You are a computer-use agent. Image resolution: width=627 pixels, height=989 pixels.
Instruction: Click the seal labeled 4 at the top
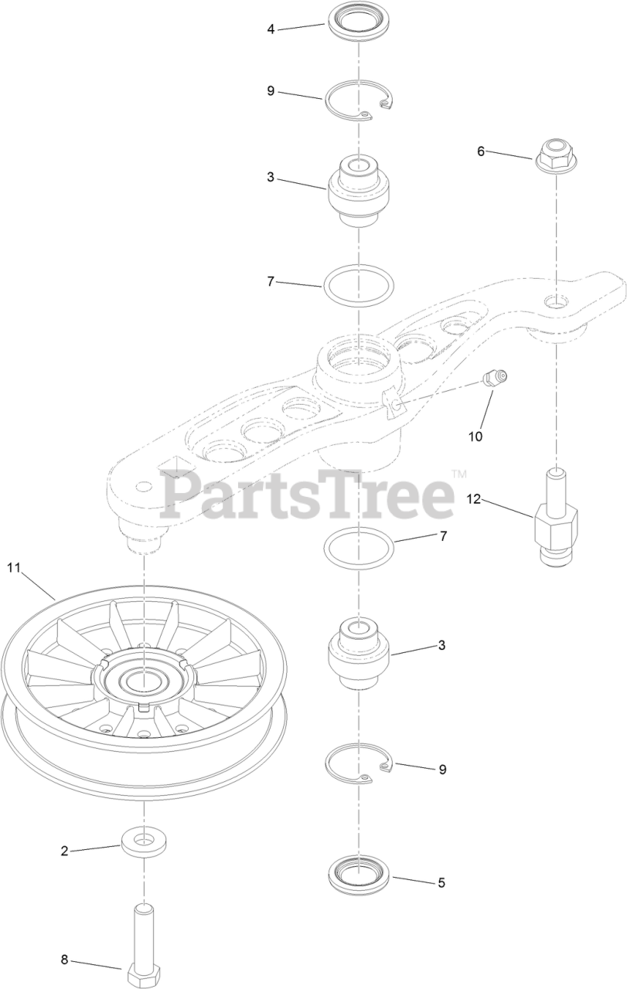point(358,20)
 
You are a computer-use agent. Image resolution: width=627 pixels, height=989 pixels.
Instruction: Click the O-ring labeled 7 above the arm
point(358,287)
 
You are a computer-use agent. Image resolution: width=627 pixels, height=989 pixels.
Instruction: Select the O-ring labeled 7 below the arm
point(358,549)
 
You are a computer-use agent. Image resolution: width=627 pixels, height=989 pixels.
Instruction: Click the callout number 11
point(13,568)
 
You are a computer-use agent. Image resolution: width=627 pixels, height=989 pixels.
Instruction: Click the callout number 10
point(475,436)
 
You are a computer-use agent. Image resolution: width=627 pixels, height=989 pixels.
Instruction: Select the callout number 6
point(480,151)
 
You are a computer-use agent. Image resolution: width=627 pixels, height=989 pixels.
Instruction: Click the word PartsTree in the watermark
point(307,494)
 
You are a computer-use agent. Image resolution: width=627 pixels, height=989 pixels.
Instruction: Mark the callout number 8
point(65,960)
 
